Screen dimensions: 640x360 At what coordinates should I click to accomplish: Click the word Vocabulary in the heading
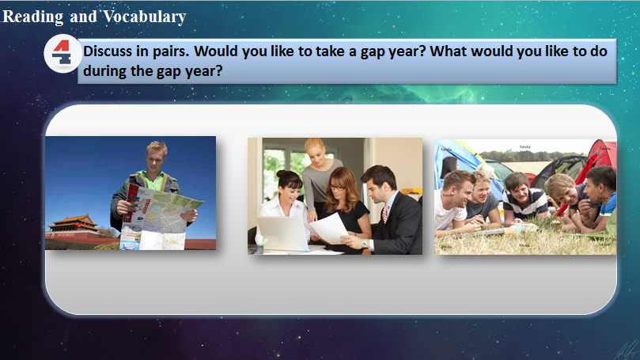tap(145, 17)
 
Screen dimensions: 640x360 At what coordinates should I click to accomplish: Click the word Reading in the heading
tap(33, 17)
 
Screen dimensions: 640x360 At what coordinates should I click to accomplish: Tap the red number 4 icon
tap(62, 53)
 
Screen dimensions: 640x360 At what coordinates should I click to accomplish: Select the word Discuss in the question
tap(108, 51)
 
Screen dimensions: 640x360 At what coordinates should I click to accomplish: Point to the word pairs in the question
tap(170, 52)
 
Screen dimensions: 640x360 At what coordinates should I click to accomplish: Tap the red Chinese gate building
tap(74, 228)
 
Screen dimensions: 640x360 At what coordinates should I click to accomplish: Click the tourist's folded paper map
tap(162, 216)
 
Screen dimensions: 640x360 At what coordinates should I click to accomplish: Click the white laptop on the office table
tap(282, 233)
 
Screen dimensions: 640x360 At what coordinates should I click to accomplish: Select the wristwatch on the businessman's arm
tap(364, 244)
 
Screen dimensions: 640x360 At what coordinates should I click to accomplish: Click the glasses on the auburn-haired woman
tap(337, 188)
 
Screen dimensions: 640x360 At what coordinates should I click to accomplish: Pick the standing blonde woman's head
tap(315, 153)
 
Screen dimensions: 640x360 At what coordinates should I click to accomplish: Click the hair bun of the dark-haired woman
tap(282, 173)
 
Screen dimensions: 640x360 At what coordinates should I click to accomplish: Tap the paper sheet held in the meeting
tap(329, 228)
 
